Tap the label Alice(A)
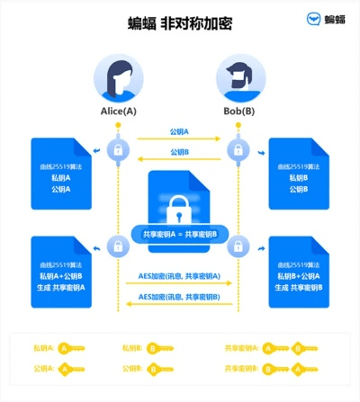click(119, 112)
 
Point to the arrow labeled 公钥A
click(179, 138)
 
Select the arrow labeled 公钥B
click(179, 159)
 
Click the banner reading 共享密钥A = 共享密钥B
click(179, 234)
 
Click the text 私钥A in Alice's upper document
click(62, 179)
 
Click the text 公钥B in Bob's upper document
click(299, 190)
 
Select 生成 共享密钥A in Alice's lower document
click(62, 287)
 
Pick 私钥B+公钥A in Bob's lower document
click(299, 276)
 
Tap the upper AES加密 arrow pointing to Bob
click(179, 282)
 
